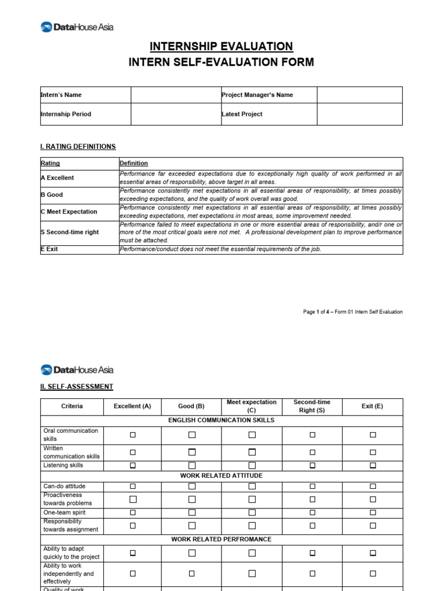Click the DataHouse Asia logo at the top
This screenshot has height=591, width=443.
click(77, 27)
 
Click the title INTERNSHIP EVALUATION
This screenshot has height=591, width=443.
click(221, 46)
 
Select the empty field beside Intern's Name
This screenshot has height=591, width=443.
click(175, 95)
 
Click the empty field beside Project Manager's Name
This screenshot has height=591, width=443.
click(359, 95)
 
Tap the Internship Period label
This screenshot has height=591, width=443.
click(66, 114)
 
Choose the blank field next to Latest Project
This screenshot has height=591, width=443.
click(359, 114)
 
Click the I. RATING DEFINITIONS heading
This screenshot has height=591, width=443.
click(78, 147)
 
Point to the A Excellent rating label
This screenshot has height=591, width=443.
click(57, 178)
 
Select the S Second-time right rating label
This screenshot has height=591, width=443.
click(70, 232)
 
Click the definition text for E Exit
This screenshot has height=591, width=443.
click(220, 249)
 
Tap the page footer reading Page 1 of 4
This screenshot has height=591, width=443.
click(352, 312)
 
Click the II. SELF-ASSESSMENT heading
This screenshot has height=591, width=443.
click(77, 387)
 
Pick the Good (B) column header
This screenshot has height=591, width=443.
click(192, 406)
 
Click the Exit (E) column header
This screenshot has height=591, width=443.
click(372, 406)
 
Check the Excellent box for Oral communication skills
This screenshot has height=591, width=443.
click(133, 435)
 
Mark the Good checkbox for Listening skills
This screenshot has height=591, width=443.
click(192, 465)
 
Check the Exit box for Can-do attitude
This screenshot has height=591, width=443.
click(373, 487)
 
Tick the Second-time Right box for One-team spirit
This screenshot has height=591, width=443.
click(312, 513)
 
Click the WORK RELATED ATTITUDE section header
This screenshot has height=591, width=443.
click(221, 476)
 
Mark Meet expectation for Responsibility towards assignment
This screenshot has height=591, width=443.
click(252, 525)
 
